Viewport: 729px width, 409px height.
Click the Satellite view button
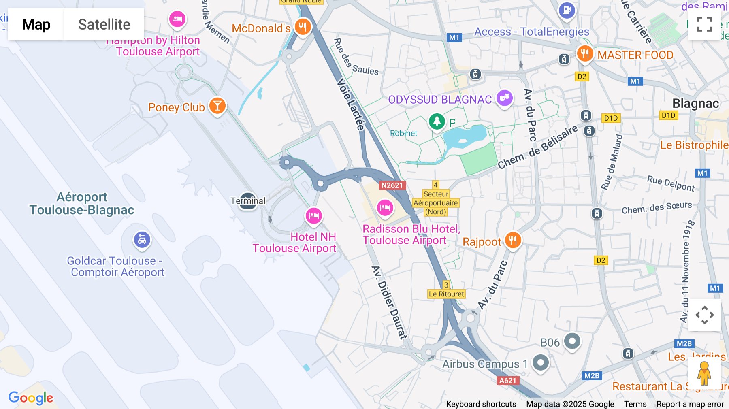(x=104, y=24)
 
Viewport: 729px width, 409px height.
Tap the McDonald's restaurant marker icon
(x=303, y=28)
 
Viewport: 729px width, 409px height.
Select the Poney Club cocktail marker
(x=217, y=106)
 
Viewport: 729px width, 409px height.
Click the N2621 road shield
(x=392, y=185)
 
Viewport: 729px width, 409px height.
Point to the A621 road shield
(x=508, y=381)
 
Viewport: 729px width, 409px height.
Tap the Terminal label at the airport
(x=248, y=201)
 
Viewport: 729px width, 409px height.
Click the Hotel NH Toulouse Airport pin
(x=313, y=216)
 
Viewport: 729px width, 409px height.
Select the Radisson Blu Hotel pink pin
(x=385, y=208)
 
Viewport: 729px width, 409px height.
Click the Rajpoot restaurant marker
(x=513, y=241)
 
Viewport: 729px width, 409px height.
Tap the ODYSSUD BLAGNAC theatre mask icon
(x=505, y=98)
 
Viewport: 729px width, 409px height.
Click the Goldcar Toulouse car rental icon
(x=142, y=240)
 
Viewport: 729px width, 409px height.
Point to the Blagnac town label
(x=695, y=104)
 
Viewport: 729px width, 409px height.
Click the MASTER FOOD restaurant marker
(x=584, y=53)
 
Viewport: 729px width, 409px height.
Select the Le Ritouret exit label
(x=446, y=294)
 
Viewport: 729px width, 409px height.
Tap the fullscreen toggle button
(x=704, y=24)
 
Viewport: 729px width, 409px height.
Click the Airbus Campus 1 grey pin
(x=541, y=362)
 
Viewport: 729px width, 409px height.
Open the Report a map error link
(x=690, y=404)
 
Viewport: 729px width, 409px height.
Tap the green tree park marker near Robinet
(x=437, y=121)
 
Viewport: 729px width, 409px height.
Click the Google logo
(x=31, y=398)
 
